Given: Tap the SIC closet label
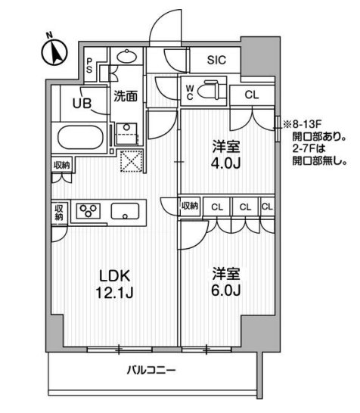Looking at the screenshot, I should [x=215, y=59].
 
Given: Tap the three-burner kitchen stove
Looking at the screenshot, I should [x=90, y=211].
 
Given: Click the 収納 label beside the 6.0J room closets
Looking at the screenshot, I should [x=189, y=206].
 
